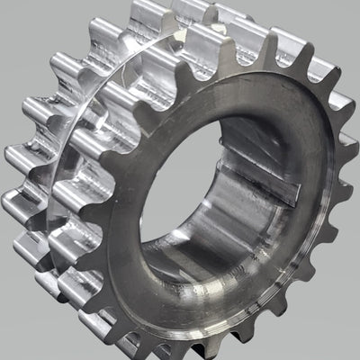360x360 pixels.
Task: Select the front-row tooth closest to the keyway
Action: tap(346, 193)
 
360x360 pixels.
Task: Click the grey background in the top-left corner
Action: tap(27, 27)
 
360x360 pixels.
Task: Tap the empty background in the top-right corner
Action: tap(337, 22)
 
